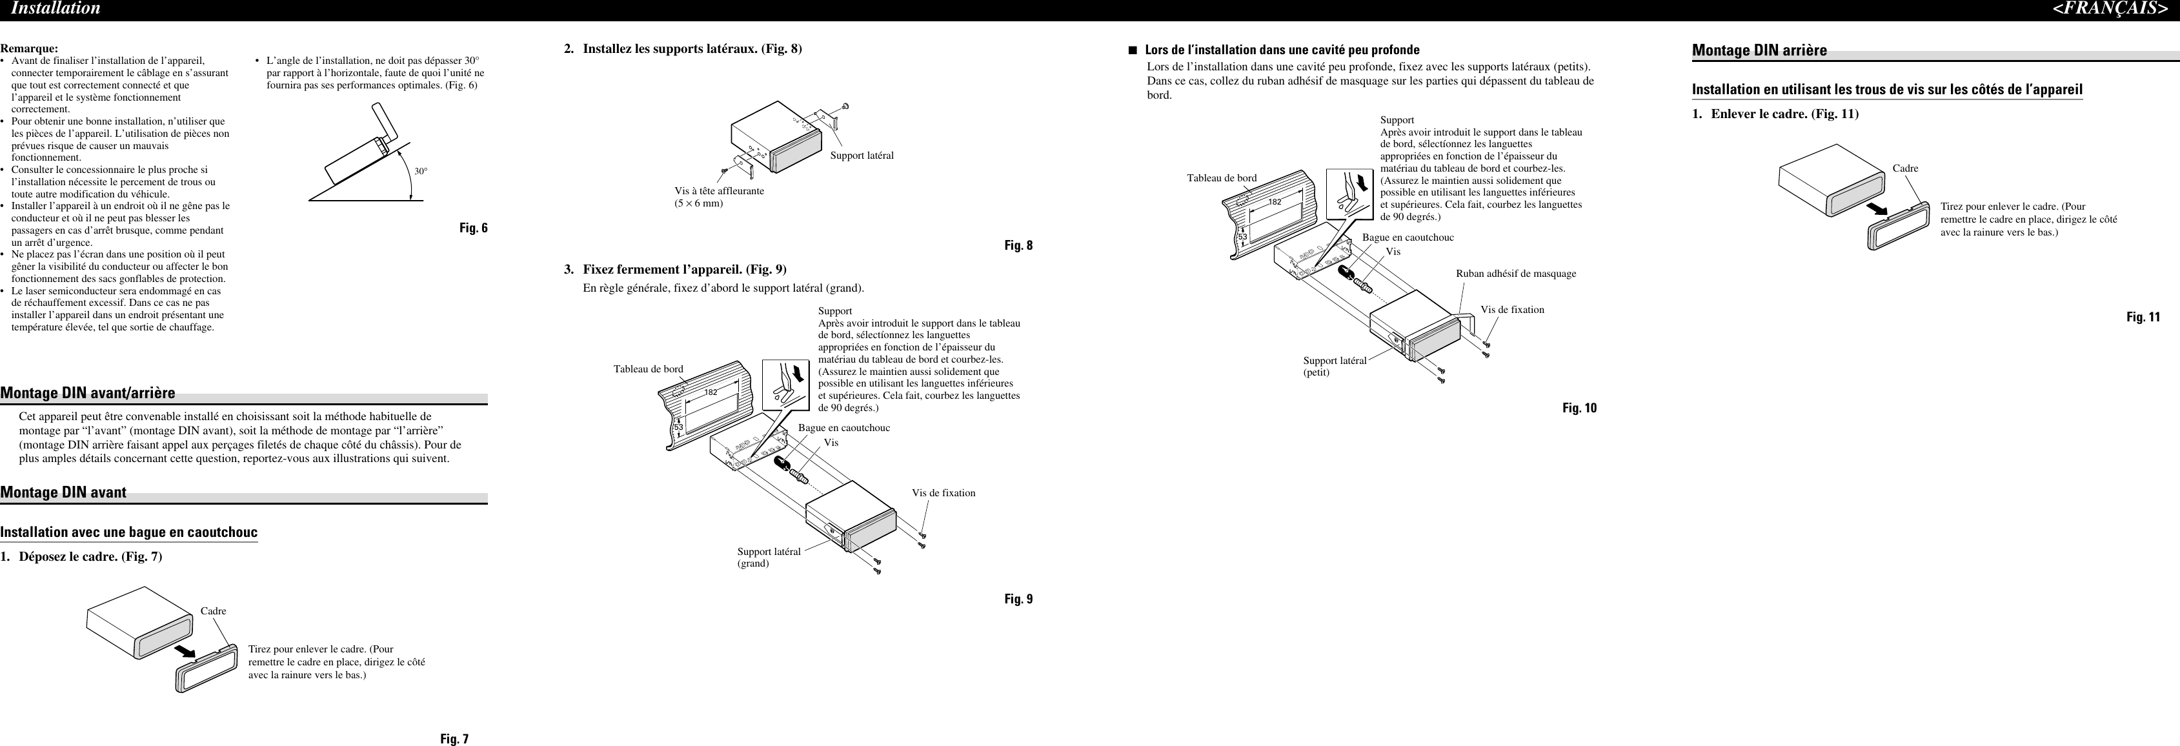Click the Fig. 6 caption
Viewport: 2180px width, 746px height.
473,228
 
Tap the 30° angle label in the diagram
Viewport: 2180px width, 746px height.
421,172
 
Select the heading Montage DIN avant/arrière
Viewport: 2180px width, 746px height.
88,392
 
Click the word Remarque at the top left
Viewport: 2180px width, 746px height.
29,48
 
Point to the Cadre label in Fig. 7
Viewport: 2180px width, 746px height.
213,610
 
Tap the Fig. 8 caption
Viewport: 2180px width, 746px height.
1018,246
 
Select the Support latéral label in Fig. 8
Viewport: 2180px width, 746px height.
862,156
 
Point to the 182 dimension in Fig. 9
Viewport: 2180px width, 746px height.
711,392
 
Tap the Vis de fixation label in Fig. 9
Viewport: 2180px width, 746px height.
943,493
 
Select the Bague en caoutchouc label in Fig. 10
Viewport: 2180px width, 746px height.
1408,237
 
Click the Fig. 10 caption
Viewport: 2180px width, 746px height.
1579,408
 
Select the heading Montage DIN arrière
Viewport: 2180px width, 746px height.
1759,50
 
